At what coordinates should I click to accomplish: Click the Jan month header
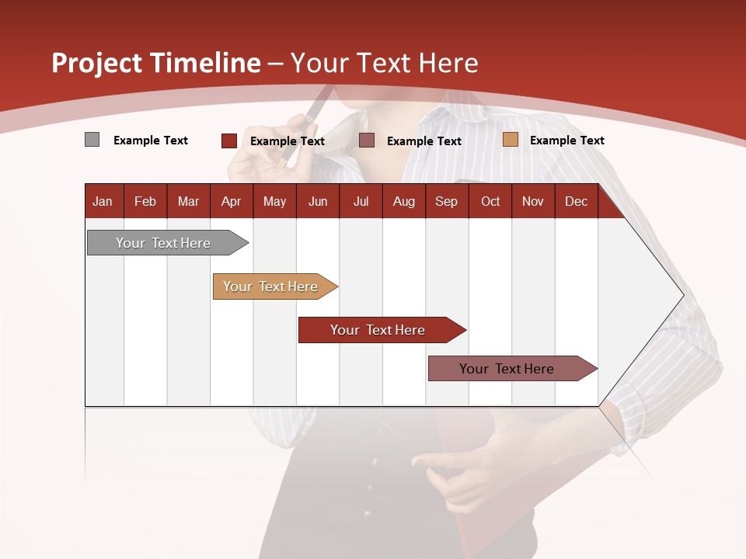103,202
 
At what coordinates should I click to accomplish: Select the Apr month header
231,202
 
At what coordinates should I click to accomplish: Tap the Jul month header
361,202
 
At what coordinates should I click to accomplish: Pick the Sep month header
446,202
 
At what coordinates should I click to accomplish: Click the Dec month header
576,202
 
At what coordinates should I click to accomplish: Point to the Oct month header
490,202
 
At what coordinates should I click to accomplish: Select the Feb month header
145,202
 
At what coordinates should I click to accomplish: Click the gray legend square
92,140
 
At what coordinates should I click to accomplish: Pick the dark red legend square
229,141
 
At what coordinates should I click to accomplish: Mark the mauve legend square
367,141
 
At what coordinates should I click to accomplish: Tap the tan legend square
511,140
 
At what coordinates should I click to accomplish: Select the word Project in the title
96,63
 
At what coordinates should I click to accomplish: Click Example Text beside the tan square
566,141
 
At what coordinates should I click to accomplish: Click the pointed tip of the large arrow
682,294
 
